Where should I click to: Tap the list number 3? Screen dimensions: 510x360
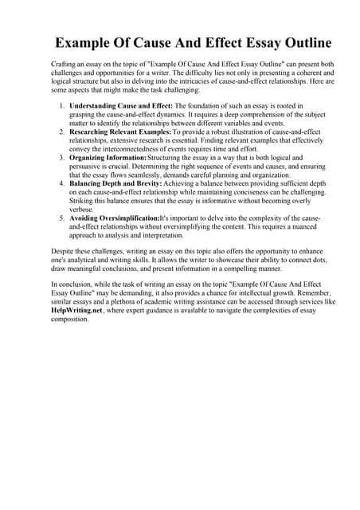[61, 158]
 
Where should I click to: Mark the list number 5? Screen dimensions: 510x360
[61, 218]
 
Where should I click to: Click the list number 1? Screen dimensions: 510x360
[61, 105]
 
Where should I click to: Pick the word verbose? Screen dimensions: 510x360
[83, 209]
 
